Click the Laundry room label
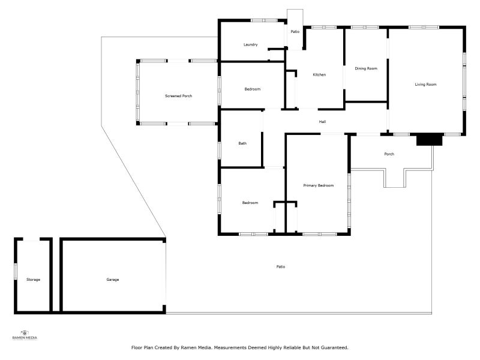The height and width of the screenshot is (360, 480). point(250,44)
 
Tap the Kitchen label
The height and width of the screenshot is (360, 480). point(319,74)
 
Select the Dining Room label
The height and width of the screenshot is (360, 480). point(366,68)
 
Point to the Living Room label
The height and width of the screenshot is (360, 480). point(425,85)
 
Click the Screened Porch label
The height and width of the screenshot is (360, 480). point(178,96)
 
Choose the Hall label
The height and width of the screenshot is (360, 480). point(322,122)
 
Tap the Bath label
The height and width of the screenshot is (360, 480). point(242,143)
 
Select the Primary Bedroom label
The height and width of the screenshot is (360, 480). point(319,185)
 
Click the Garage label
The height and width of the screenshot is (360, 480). point(113,280)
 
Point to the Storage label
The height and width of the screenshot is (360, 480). point(33,280)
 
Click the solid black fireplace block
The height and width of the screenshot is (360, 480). point(430,140)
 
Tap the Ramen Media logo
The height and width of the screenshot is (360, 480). point(25,335)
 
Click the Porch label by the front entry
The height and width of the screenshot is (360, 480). point(389,154)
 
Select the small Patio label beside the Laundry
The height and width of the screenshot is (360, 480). point(295,32)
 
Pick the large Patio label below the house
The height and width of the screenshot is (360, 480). point(281,267)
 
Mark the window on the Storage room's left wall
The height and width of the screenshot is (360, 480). point(16,272)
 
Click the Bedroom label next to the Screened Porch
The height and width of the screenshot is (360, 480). point(252,89)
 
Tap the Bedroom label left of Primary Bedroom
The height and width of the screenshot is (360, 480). point(250,203)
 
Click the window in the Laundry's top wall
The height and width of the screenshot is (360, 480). point(264,20)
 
